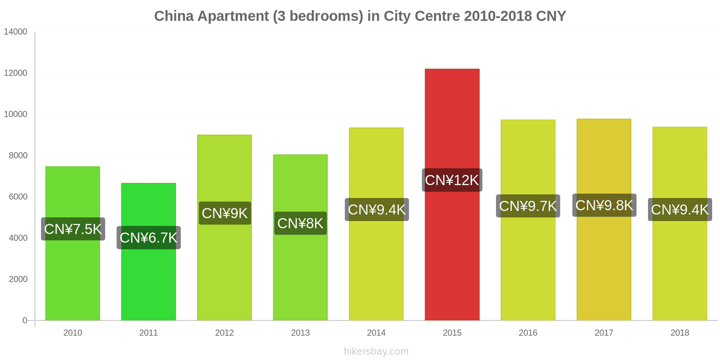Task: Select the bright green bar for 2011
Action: pyautogui.click(x=148, y=279)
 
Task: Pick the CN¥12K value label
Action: pyautogui.click(x=452, y=180)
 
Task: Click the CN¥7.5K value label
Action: pyautogui.click(x=73, y=229)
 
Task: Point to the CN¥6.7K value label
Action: pyautogui.click(x=148, y=238)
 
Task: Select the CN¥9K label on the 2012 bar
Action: pyautogui.click(x=225, y=213)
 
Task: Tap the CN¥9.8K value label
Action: pyautogui.click(x=604, y=205)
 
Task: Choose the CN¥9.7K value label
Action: pyautogui.click(x=528, y=206)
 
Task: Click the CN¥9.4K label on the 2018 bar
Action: pyautogui.click(x=679, y=210)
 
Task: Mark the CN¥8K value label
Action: pyautogui.click(x=300, y=223)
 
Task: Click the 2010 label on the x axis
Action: pyautogui.click(x=72, y=333)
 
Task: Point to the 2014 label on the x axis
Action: pyautogui.click(x=376, y=333)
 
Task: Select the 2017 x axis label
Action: pyautogui.click(x=604, y=333)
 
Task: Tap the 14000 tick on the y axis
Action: pyautogui.click(x=16, y=32)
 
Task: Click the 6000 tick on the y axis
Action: pyautogui.click(x=18, y=197)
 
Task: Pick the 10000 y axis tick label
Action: pyautogui.click(x=16, y=114)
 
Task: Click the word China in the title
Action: pyautogui.click(x=174, y=16)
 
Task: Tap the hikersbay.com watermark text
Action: pyautogui.click(x=376, y=351)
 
